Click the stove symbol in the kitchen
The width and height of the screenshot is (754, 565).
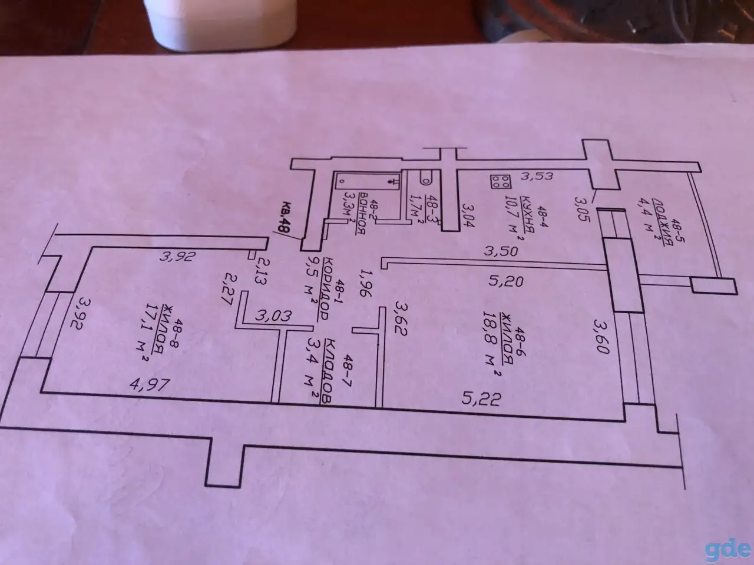[x=501, y=181]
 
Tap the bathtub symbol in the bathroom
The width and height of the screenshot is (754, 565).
[x=368, y=181]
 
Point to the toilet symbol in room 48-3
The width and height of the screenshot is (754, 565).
[x=426, y=177]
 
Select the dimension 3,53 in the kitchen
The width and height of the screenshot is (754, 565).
[x=537, y=177]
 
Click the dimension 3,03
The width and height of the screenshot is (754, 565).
[x=273, y=315]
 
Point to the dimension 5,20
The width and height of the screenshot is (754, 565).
[x=505, y=281]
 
